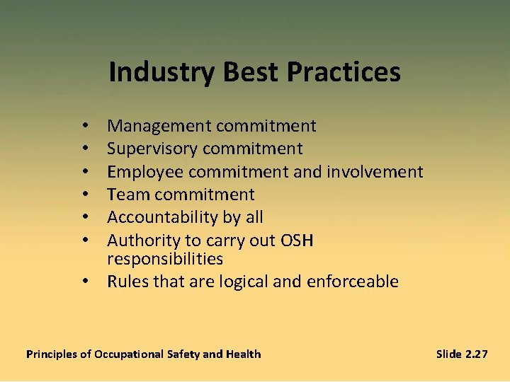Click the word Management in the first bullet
(x=159, y=126)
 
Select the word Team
(x=126, y=195)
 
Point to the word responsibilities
(x=165, y=259)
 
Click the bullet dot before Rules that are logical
(x=84, y=282)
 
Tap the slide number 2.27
(x=475, y=354)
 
